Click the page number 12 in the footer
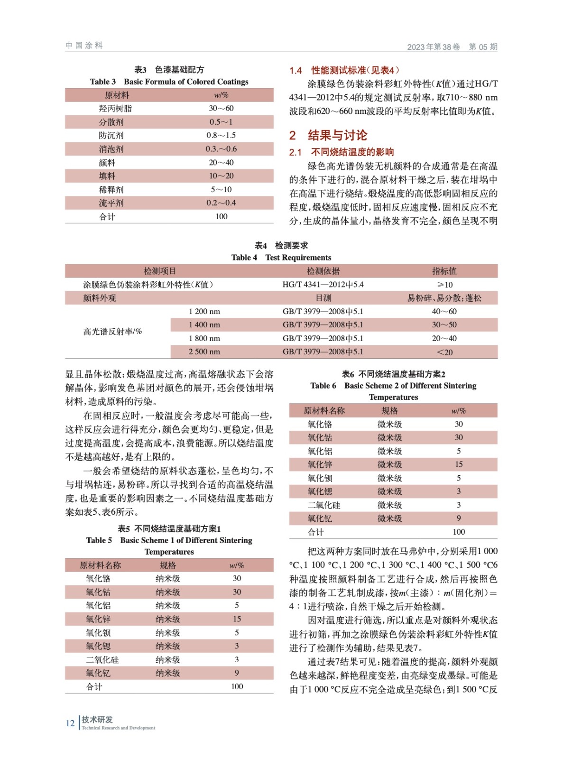(70, 723)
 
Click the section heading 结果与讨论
(337, 136)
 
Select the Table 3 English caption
(169, 82)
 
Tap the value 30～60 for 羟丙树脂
(221, 108)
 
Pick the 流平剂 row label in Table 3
(111, 203)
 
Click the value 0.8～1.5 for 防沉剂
(221, 135)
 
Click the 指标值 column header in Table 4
(444, 271)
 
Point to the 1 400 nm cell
(204, 325)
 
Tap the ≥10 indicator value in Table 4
(444, 285)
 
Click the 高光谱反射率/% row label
(112, 332)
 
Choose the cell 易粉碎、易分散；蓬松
(444, 298)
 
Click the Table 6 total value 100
(459, 532)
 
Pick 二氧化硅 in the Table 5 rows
(102, 660)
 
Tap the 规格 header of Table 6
(389, 411)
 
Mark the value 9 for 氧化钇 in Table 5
(237, 673)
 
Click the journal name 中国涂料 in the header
(84, 46)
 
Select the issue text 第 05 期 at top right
(483, 46)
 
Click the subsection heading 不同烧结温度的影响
(352, 152)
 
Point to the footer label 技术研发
(97, 720)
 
